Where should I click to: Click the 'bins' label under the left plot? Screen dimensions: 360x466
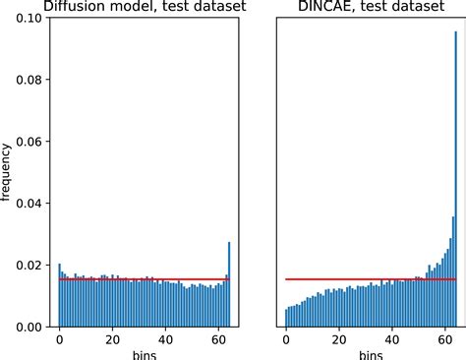click(x=144, y=353)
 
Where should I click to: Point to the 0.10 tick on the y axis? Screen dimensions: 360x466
click(x=29, y=18)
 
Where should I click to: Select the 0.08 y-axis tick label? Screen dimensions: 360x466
click(x=29, y=80)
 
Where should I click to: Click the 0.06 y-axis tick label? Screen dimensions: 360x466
click(x=29, y=142)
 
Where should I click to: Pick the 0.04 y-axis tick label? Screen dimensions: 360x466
click(x=29, y=203)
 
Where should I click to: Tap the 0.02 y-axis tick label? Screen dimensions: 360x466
click(x=29, y=265)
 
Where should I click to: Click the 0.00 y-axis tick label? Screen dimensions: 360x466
click(x=29, y=327)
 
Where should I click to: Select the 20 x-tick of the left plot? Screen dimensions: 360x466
click(x=112, y=338)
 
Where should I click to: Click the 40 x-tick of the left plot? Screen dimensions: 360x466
click(x=166, y=338)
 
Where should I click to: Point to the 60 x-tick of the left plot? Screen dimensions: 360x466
click(x=219, y=338)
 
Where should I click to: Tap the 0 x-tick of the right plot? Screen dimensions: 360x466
click(x=285, y=338)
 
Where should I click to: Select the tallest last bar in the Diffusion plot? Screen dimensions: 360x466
click(x=229, y=284)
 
